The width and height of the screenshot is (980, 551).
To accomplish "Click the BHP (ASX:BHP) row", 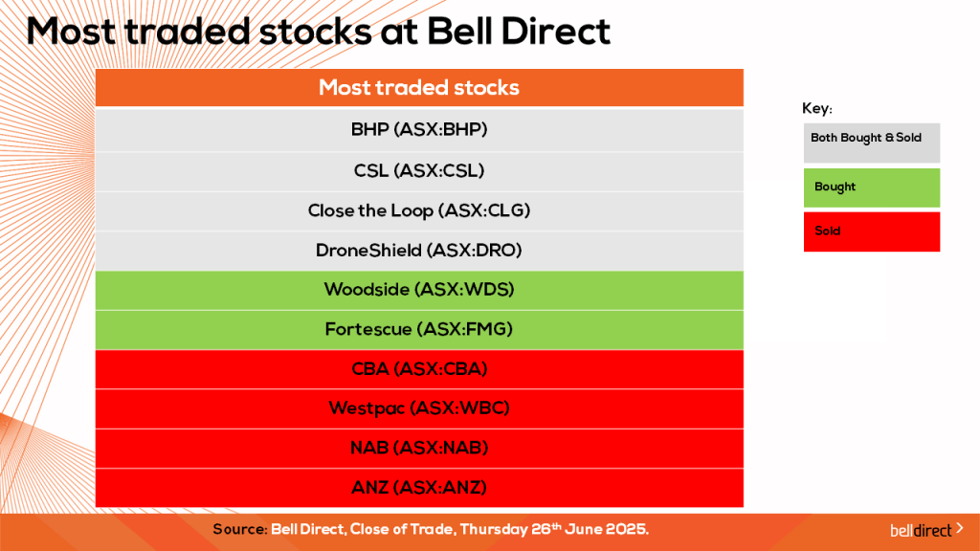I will tap(419, 130).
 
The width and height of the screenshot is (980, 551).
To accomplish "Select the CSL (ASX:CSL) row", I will tap(419, 171).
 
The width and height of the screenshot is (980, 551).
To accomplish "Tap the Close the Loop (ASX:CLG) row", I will tap(419, 210).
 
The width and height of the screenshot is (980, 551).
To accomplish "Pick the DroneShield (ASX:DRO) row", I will tap(419, 251).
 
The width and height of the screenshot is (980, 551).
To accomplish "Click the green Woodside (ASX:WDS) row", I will tap(419, 290).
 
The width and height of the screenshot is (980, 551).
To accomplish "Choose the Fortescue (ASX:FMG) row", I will tap(419, 329).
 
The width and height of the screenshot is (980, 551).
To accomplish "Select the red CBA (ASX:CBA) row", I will tap(419, 369).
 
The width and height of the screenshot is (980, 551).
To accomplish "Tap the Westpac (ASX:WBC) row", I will tap(419, 408).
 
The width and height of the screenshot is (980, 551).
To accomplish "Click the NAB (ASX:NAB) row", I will tap(419, 448).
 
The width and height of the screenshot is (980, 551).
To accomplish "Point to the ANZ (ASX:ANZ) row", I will tap(419, 488).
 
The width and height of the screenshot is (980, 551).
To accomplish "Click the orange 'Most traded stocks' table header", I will tap(419, 88).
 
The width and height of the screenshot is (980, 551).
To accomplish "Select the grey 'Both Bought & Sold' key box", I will tap(871, 142).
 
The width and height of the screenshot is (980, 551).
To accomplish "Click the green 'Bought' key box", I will tap(871, 187).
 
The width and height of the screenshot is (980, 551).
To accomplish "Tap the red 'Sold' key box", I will tap(871, 231).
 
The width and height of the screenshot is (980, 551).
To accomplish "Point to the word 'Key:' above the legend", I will tap(816, 109).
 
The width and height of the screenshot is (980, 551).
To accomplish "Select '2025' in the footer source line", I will tap(627, 529).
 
